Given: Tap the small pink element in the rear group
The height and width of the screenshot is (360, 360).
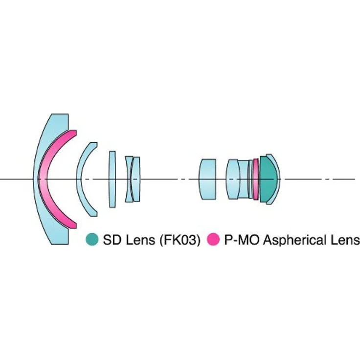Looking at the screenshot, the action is point(256,179).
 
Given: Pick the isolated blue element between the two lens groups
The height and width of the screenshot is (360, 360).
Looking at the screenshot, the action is point(207,179).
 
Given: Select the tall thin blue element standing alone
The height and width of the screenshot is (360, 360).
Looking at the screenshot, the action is point(112,179).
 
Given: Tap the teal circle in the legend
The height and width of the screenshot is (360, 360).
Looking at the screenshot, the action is point(92,239).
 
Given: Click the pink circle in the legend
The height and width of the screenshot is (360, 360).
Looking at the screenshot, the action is point(213,239).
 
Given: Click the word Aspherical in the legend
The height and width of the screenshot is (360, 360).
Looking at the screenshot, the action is point(295,240).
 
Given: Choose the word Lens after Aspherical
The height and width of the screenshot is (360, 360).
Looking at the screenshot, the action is point(345,240).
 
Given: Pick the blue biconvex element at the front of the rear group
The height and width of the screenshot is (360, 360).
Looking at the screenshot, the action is point(232,179).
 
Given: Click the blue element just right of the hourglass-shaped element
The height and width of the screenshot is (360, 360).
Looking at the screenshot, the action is point(136,179).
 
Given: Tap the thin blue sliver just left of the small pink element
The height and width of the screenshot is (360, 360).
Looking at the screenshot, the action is point(250,179).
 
